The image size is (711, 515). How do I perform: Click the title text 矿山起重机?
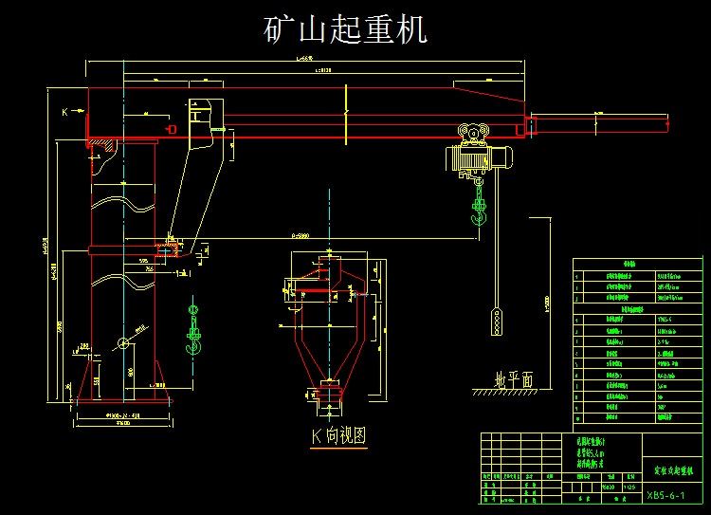point(345,29)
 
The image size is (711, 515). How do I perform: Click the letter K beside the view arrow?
point(65,112)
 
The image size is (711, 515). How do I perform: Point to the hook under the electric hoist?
point(479,218)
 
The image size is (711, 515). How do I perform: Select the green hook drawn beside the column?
point(195,341)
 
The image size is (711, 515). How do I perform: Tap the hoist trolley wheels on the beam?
point(471,132)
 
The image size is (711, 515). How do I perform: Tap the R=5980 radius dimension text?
point(298,234)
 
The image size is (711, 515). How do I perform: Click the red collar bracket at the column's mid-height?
point(123,250)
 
